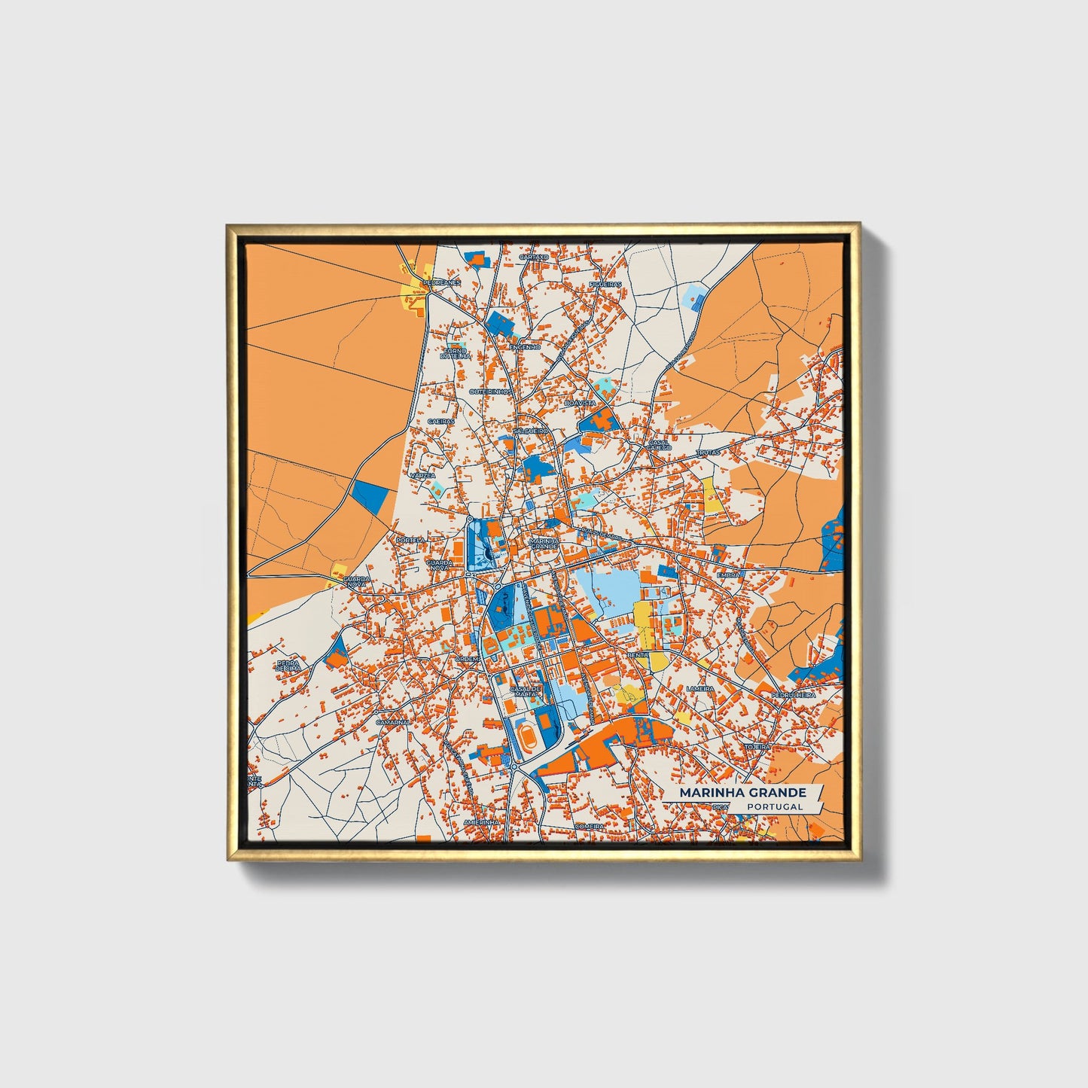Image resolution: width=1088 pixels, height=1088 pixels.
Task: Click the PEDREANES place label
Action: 441,282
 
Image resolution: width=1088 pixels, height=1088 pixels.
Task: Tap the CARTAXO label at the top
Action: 534,257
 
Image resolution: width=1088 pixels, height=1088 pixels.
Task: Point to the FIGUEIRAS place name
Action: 606,285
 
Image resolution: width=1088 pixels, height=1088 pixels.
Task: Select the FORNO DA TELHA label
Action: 455,353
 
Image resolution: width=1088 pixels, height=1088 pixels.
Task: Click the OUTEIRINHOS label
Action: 490,392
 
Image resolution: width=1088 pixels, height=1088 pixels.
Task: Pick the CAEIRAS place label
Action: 441,422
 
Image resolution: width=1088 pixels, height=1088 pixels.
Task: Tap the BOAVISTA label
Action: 580,404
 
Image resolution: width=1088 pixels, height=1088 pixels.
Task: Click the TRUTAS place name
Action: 709,453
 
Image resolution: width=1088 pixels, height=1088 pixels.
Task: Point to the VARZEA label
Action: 422,476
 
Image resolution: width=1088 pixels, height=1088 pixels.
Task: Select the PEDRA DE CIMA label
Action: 288,666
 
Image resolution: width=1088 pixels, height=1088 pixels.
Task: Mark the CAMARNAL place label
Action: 392,721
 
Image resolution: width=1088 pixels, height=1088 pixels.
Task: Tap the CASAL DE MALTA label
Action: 526,690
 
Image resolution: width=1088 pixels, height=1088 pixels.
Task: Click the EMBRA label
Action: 728,574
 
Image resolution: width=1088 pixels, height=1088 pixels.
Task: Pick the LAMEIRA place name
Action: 700,688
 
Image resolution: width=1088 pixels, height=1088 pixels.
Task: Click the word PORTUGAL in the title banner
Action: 775,806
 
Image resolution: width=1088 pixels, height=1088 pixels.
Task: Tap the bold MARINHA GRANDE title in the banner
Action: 742,793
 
